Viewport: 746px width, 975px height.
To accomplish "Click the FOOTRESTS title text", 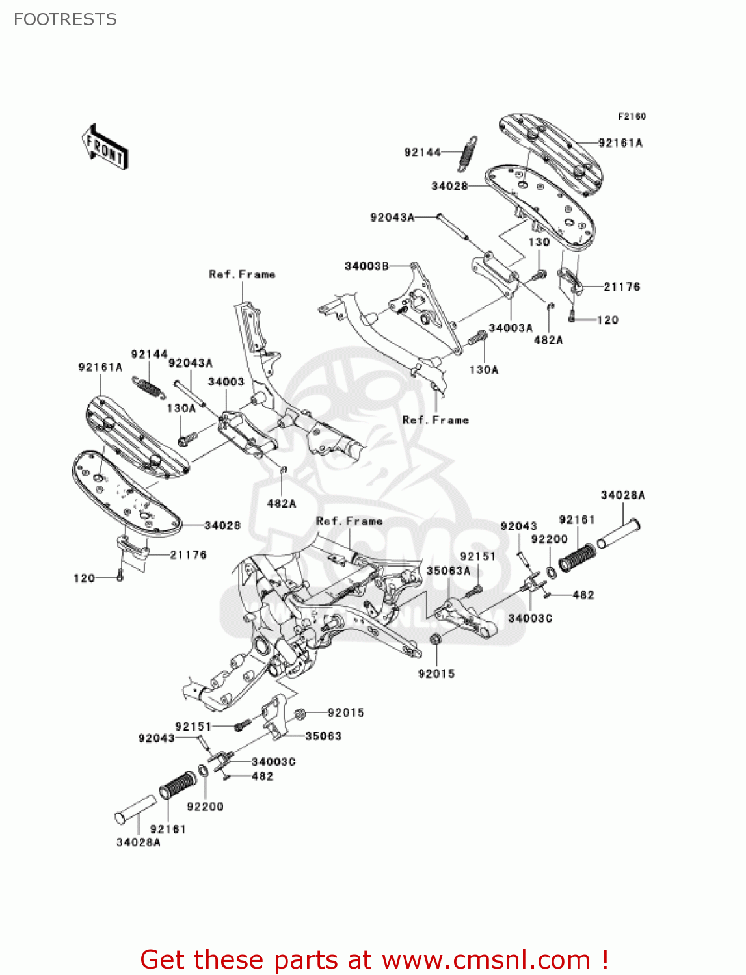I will point(65,19).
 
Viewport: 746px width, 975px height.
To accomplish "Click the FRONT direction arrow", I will point(105,148).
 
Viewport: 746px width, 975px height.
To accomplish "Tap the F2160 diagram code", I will point(632,116).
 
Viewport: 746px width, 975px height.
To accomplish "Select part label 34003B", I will point(366,266).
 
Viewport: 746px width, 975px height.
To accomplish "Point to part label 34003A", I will point(510,328).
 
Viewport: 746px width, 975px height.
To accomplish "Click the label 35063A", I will point(448,571).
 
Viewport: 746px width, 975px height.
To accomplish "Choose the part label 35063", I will point(323,736).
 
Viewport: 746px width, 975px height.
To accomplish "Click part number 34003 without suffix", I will point(226,382).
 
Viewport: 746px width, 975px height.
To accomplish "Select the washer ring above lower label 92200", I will point(202,771).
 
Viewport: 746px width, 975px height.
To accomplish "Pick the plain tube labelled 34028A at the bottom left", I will point(135,810).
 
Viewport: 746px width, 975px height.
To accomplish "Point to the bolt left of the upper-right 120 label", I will point(572,318).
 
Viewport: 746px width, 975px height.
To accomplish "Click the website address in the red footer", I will point(485,959).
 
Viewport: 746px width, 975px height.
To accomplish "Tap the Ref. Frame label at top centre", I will point(242,274).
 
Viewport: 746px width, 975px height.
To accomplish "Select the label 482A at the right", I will point(548,339).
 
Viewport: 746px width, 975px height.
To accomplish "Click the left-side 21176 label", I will point(188,554).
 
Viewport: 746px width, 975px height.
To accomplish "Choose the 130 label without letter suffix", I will point(539,242).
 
